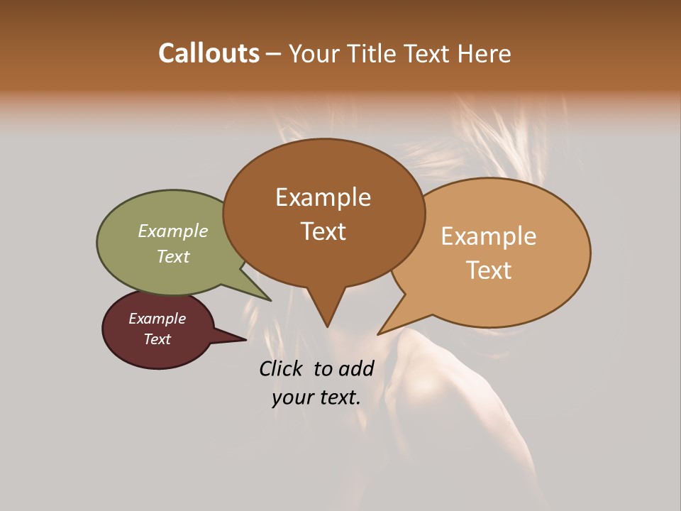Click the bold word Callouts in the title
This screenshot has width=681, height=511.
(209, 53)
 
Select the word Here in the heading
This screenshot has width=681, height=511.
(484, 53)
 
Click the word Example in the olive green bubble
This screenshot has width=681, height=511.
(173, 231)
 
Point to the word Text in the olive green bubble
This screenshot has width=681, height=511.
(173, 256)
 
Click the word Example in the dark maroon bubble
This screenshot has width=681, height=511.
(157, 319)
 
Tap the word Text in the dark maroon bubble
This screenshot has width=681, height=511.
(157, 339)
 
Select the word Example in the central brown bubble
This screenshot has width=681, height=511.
(323, 197)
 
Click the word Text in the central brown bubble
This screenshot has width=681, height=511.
(323, 231)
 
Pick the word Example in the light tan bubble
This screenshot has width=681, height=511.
(489, 236)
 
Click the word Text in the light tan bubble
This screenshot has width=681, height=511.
(489, 270)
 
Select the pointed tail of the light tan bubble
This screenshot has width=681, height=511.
(380, 333)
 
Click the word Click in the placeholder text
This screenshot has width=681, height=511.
(281, 368)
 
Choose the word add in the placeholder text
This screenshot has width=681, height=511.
(356, 368)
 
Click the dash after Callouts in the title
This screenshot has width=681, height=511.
(274, 53)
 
